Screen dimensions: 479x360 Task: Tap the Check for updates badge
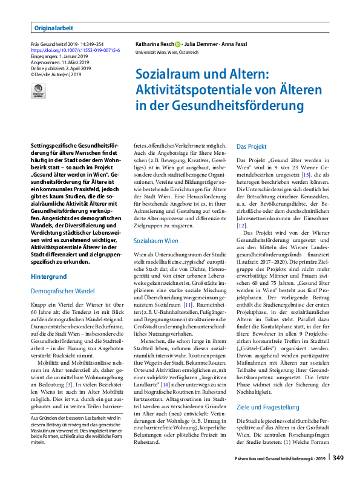(x=38, y=91)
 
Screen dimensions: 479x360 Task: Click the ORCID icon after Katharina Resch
(x=178, y=44)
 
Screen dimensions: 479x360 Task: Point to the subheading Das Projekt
(x=251, y=146)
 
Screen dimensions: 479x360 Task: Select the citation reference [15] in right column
(x=307, y=174)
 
